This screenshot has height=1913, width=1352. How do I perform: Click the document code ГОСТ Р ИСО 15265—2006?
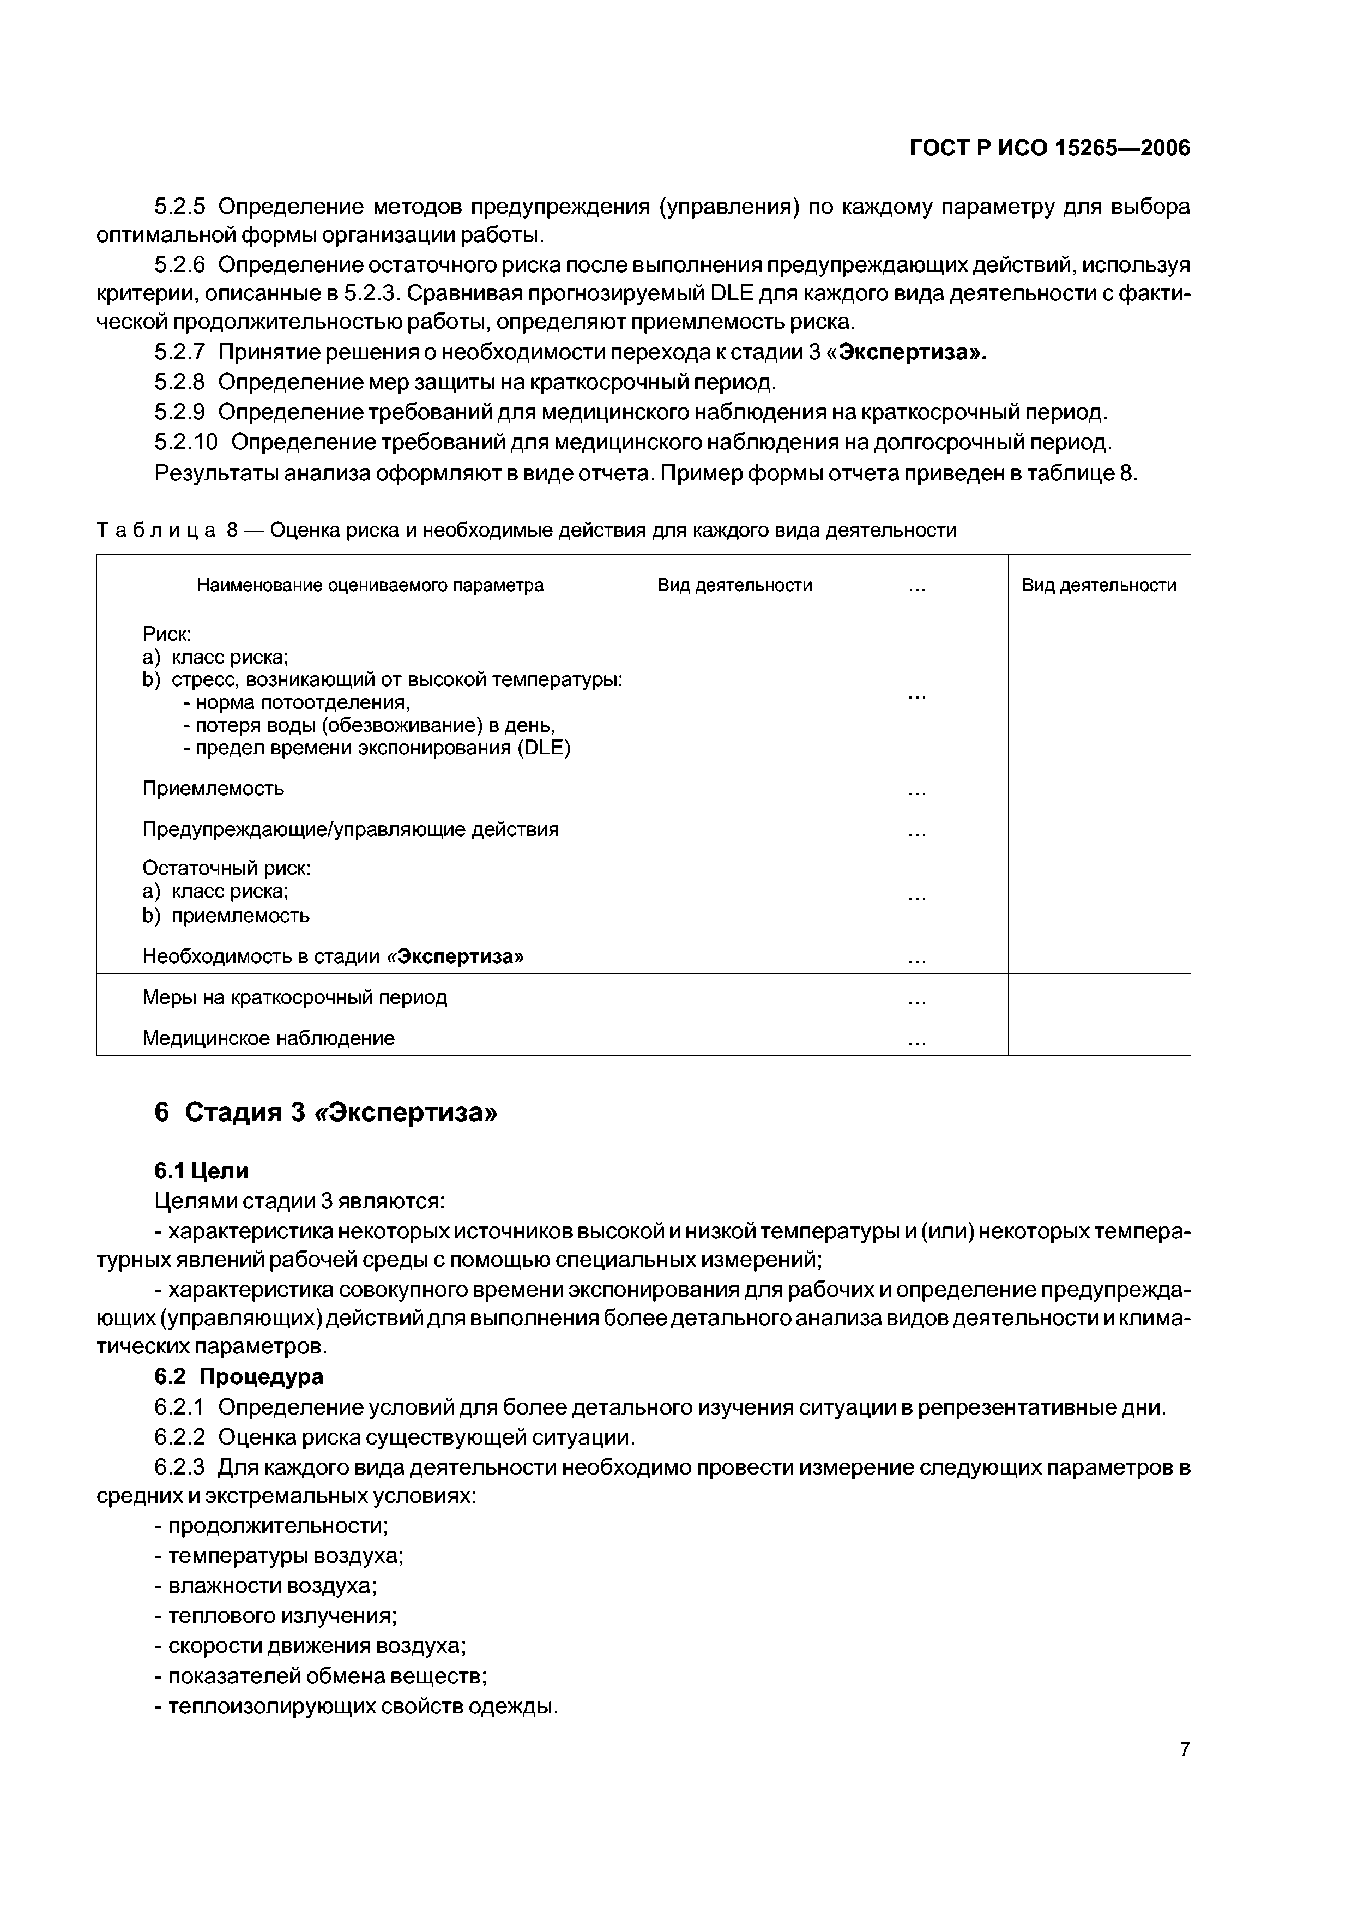tap(1049, 148)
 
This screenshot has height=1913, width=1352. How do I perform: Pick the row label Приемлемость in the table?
tap(213, 787)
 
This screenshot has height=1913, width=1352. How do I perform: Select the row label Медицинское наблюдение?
tap(268, 1037)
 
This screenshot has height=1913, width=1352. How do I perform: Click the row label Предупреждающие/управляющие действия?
tap(350, 829)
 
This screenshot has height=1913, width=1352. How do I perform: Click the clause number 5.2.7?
tap(179, 352)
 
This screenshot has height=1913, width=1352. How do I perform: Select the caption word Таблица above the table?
tap(156, 530)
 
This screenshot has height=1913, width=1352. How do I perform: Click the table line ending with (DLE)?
tap(377, 748)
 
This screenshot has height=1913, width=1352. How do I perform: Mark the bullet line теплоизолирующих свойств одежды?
tap(355, 1706)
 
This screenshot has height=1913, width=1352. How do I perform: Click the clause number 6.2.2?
tap(179, 1437)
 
